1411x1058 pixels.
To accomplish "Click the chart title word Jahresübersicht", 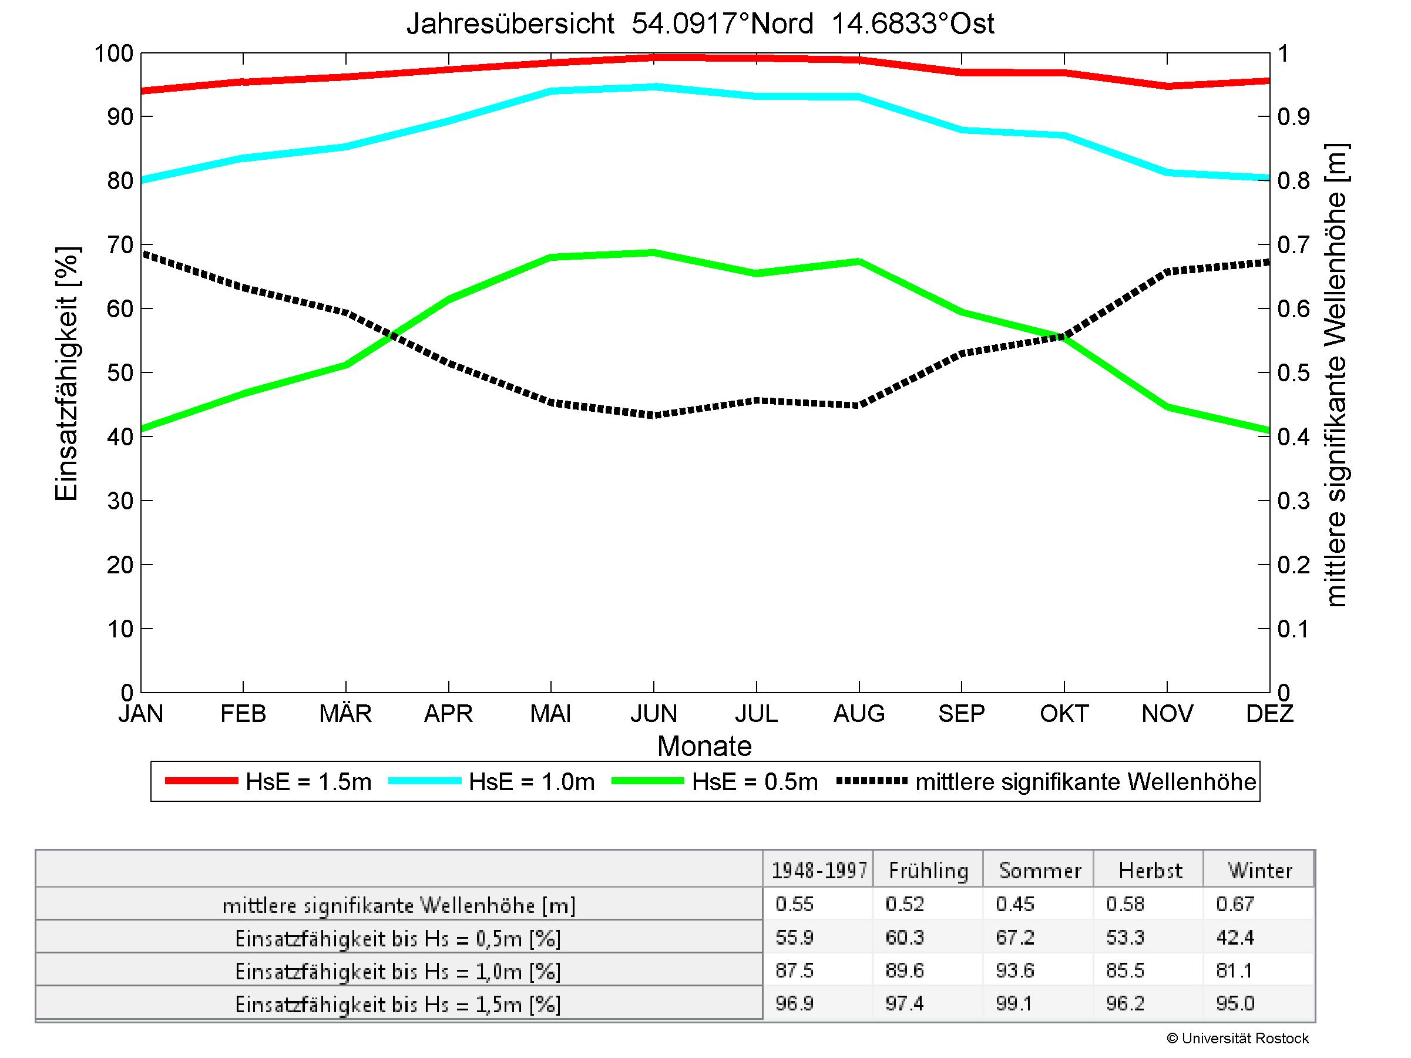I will tap(510, 24).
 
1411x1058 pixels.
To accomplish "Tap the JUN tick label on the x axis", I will tap(653, 713).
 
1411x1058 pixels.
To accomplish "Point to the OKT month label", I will tap(1064, 713).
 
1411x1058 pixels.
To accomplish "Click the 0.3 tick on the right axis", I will tap(1294, 501).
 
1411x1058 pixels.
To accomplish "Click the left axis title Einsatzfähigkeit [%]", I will tap(66, 374).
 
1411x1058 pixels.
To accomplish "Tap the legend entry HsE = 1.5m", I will tap(308, 782).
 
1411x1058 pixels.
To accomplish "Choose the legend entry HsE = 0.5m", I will tap(755, 782).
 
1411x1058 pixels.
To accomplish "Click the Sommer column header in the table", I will tap(1040, 871).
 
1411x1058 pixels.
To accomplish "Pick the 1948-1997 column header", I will tap(819, 871).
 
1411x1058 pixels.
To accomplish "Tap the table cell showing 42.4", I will tap(1235, 938).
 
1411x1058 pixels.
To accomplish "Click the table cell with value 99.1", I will tap(1014, 1004).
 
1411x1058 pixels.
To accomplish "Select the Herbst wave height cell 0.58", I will tap(1126, 904).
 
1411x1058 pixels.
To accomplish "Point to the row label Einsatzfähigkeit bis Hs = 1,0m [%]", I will tap(398, 971).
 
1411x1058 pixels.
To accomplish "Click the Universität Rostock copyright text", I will tap(1238, 1038).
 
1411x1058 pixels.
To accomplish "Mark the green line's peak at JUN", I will tap(654, 253).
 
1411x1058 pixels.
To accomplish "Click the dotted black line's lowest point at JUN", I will tap(654, 415).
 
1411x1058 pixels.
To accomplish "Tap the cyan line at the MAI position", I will tap(551, 91).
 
